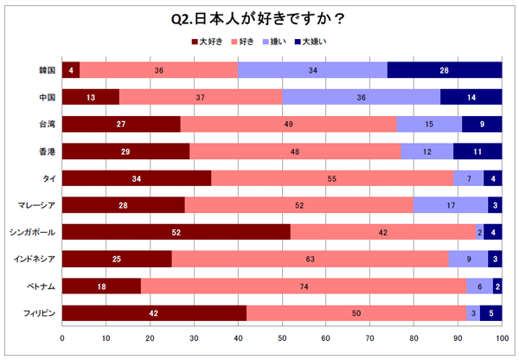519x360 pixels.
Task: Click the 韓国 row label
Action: [x=48, y=70]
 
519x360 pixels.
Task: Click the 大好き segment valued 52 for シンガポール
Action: [x=176, y=232]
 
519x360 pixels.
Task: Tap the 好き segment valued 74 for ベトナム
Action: [x=304, y=286]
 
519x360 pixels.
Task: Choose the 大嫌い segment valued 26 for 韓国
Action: [x=445, y=70]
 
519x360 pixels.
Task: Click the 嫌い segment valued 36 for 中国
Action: [x=361, y=97]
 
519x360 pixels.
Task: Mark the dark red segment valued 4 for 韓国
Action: [x=71, y=70]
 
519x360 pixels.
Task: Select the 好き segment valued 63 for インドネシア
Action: [x=311, y=259]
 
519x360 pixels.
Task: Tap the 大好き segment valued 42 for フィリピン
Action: [x=155, y=312]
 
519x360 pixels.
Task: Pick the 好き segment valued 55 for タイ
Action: [x=332, y=177]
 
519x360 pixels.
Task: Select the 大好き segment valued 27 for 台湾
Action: [x=121, y=124]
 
